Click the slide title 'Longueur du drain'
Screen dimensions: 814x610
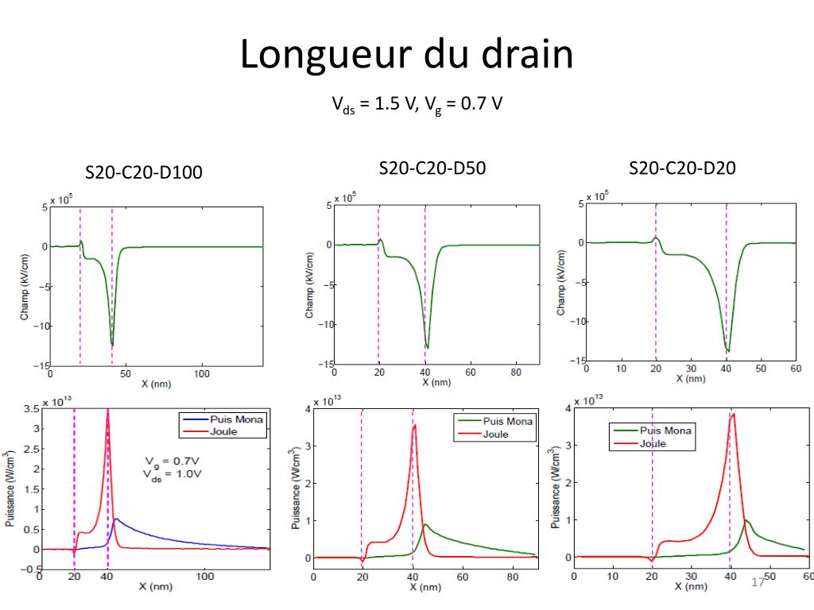pos(406,55)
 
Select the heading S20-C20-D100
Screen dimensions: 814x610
pos(144,172)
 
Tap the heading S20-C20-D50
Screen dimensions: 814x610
pos(432,168)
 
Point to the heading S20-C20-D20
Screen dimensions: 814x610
pos(682,168)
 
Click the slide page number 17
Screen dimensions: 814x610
pos(758,582)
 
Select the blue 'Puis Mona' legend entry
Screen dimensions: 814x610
pos(223,419)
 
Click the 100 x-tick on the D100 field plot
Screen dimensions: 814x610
pos(201,374)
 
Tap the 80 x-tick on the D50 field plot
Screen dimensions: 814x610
pos(515,373)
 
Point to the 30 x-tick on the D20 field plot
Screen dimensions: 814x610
pos(691,369)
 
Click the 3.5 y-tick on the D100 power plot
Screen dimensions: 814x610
pos(31,409)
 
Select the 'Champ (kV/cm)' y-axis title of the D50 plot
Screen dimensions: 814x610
pos(309,285)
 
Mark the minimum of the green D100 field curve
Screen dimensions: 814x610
pos(112,345)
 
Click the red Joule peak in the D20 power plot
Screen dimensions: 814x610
pos(733,414)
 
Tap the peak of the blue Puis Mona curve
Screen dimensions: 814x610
pos(116,519)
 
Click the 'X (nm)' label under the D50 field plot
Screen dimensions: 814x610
pos(436,382)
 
